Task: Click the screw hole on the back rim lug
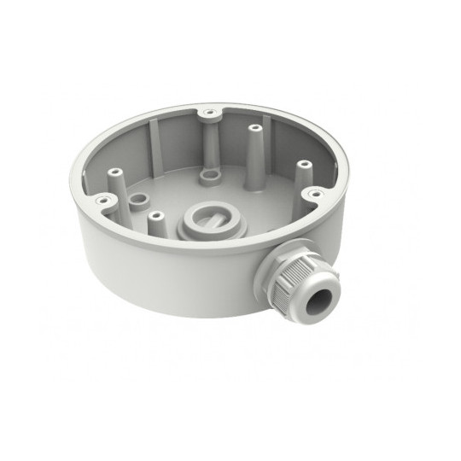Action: click(x=207, y=111)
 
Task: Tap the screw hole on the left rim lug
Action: click(x=104, y=200)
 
